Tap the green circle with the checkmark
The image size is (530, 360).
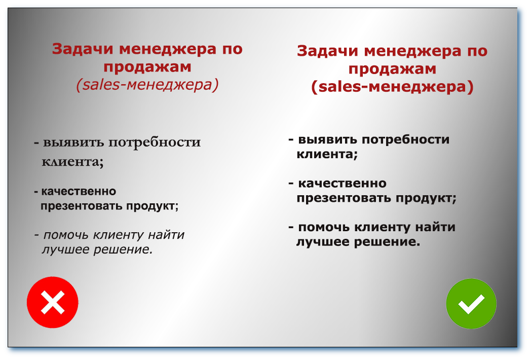(x=471, y=304)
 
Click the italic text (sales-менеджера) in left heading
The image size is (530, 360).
(x=147, y=85)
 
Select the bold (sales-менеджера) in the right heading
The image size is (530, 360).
(x=392, y=87)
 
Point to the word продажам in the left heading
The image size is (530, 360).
(x=147, y=67)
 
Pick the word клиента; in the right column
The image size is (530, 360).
(x=327, y=155)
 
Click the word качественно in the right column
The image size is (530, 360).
(x=342, y=183)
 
